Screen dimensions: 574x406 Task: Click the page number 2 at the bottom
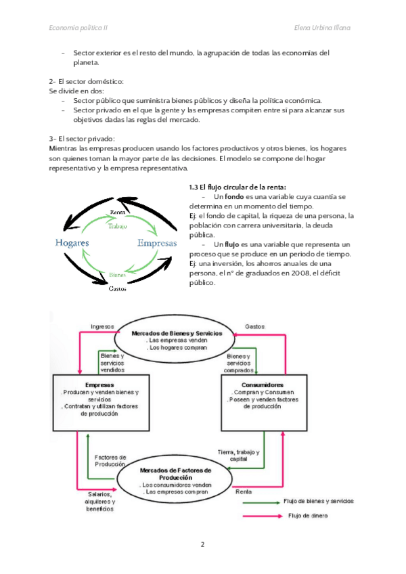coord(202,544)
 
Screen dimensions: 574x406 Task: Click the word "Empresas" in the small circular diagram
coord(157,242)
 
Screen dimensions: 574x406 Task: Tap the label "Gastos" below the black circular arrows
coord(119,289)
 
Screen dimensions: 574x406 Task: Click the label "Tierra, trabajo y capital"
coord(238,455)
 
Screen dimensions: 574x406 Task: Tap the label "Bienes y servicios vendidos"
coord(112,363)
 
